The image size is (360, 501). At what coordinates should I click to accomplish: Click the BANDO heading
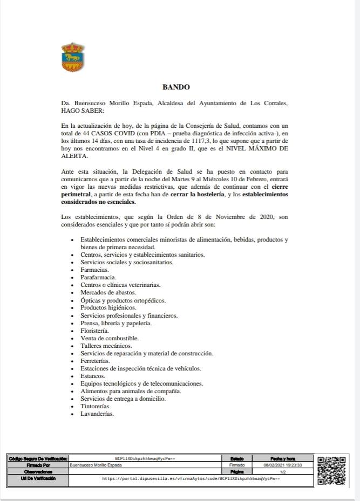pyautogui.click(x=176, y=87)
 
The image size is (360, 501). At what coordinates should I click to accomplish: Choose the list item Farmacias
pyautogui.click(x=94, y=269)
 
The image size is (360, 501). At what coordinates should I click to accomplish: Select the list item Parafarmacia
pyautogui.click(x=98, y=277)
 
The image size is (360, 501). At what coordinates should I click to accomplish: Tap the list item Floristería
pyautogui.click(x=94, y=330)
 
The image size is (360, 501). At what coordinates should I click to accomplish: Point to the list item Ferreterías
pyautogui.click(x=96, y=361)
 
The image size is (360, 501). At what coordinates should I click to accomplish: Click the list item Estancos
pyautogui.click(x=93, y=376)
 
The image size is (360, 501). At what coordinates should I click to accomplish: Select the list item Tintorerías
pyautogui.click(x=96, y=406)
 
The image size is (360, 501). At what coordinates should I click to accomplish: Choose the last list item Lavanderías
pyautogui.click(x=97, y=414)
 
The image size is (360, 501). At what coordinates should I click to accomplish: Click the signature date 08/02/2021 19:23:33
pyautogui.click(x=282, y=464)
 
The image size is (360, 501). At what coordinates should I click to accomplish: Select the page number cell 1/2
pyautogui.click(x=282, y=471)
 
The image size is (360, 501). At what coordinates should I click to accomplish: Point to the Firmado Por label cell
pyautogui.click(x=38, y=464)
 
